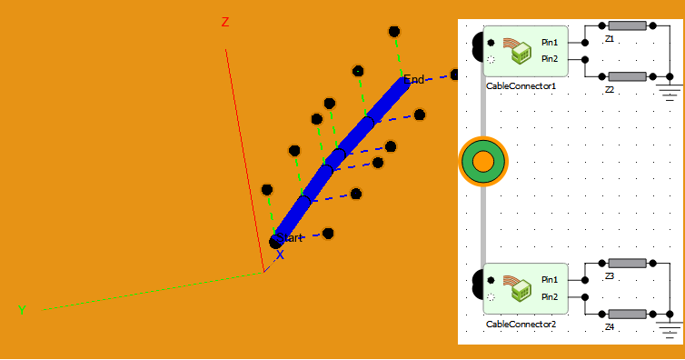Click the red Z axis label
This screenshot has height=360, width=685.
(225, 23)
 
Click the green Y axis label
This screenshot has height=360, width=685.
(22, 310)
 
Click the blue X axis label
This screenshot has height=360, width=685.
(280, 255)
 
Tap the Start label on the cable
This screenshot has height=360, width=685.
(290, 237)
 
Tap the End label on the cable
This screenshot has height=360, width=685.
(414, 79)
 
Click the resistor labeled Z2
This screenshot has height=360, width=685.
(627, 76)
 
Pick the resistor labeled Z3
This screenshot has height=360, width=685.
(627, 263)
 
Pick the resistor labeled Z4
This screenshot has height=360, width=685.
(627, 314)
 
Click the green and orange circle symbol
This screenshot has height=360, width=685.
(483, 162)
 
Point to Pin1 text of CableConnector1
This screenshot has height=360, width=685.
(550, 42)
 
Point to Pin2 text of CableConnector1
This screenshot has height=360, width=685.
(550, 59)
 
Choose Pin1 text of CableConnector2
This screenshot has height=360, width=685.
(550, 279)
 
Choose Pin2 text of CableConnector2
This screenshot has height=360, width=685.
(550, 296)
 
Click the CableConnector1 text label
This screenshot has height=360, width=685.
(521, 85)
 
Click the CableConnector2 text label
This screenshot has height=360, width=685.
(521, 324)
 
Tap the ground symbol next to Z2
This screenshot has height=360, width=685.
(670, 92)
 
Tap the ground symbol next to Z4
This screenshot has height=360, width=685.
(670, 328)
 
